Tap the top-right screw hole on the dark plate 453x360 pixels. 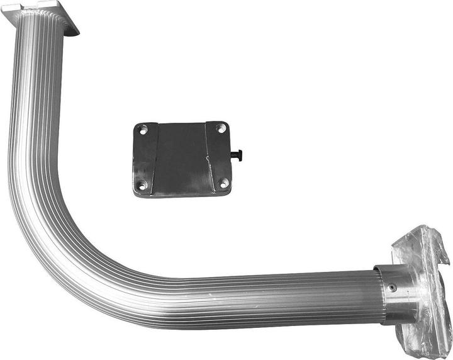[220, 128]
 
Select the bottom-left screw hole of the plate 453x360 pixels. [142, 185]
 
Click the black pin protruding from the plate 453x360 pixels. [238, 155]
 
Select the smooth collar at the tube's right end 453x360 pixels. [398, 293]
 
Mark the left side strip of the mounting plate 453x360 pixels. [145, 157]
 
